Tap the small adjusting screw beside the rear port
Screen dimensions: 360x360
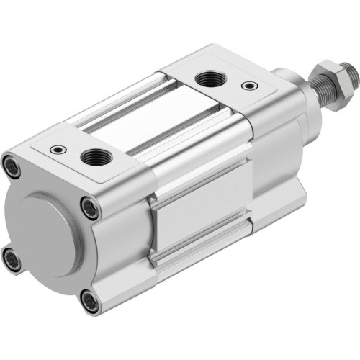point(57,150)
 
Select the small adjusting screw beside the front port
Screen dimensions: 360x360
point(249,86)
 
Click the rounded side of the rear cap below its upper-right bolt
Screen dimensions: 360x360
point(115,238)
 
